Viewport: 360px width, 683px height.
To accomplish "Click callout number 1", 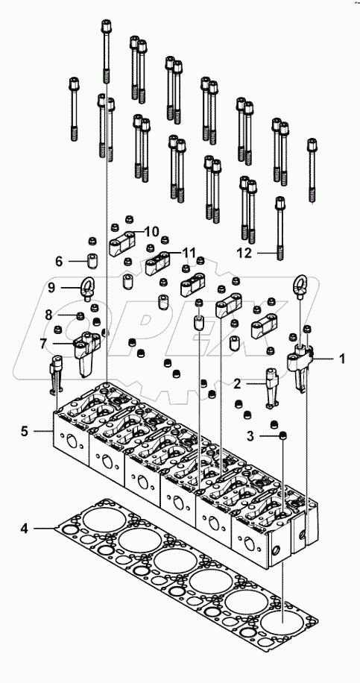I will tap(342, 359).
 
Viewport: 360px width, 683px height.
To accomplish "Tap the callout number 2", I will tap(237, 384).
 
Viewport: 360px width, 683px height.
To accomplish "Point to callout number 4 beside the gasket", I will tap(24, 529).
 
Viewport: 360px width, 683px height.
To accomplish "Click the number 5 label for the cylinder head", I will tap(24, 430).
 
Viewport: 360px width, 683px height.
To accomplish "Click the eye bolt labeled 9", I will tap(89, 288).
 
